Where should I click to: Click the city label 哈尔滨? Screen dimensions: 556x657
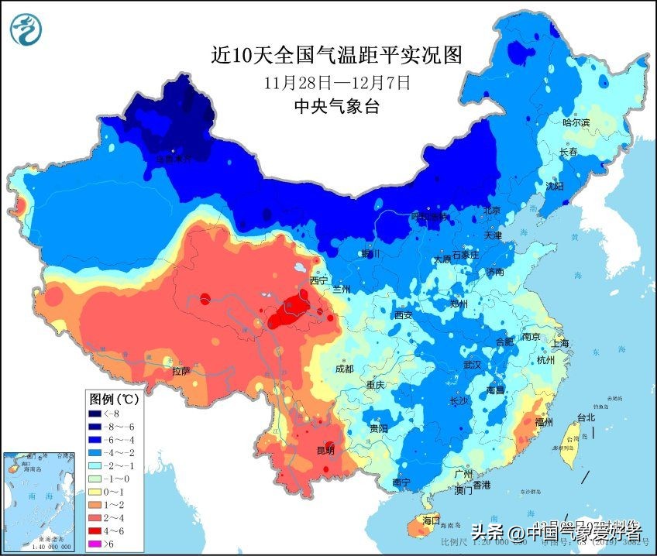(x=576, y=122)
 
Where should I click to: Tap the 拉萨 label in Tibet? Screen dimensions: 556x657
(x=181, y=371)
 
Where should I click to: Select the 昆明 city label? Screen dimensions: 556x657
(x=326, y=450)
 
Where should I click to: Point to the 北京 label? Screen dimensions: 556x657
(x=493, y=211)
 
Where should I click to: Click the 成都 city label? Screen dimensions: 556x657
(x=344, y=369)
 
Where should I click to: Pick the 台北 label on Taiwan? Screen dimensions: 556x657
(x=586, y=417)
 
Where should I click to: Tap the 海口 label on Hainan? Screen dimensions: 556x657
(x=431, y=520)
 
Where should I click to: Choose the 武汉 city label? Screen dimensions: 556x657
(x=471, y=364)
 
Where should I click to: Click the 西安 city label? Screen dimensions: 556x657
(x=403, y=315)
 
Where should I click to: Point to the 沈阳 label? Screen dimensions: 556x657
(x=555, y=186)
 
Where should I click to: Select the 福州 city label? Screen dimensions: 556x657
(x=544, y=423)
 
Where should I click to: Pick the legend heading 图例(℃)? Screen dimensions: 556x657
(x=114, y=400)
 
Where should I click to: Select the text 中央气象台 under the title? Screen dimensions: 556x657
(x=336, y=107)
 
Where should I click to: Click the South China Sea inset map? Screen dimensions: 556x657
(x=36, y=503)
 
